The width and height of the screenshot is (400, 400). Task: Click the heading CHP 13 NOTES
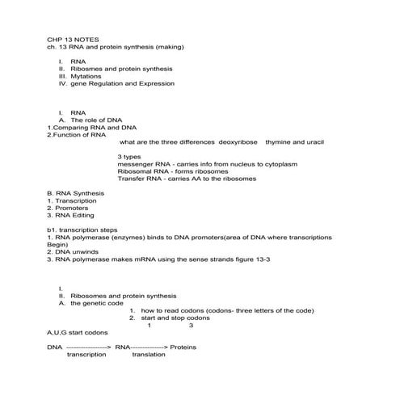coord(74,37)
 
